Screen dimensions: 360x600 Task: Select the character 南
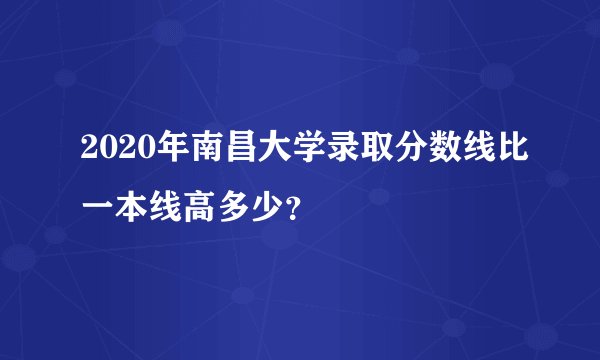(x=195, y=152)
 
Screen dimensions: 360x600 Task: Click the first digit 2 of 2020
(x=79, y=152)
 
